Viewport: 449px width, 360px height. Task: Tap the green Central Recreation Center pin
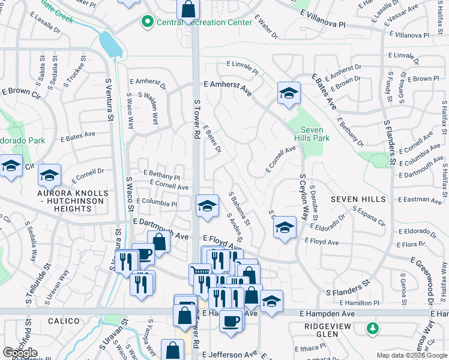point(147,23)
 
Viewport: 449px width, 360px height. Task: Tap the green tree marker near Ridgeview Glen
point(373,328)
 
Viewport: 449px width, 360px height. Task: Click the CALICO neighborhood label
point(64,321)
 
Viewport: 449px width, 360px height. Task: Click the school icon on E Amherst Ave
point(289,93)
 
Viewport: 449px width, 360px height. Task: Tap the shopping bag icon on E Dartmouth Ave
point(159,242)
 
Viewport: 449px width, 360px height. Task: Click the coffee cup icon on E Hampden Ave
point(231,321)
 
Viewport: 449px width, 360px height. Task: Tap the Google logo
point(20,353)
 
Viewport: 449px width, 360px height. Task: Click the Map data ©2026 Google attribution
point(411,355)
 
